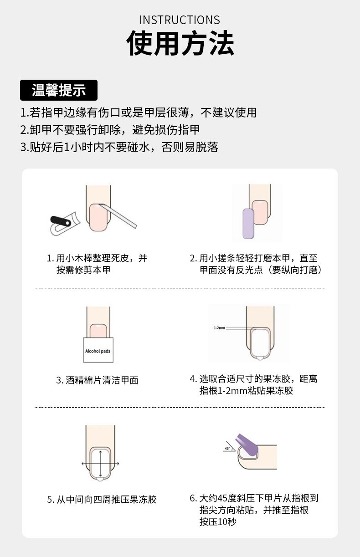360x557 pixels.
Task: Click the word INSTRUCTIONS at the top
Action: (180, 20)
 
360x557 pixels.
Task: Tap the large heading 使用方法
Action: (180, 44)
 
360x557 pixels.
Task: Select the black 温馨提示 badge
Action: (59, 90)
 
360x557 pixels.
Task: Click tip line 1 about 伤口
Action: (139, 112)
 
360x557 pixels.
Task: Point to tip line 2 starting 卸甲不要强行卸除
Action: (110, 130)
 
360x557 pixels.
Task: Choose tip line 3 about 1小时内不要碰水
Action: (119, 147)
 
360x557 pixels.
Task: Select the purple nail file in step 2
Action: (248, 223)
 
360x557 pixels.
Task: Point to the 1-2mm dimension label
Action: (220, 327)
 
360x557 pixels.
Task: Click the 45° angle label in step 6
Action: (227, 449)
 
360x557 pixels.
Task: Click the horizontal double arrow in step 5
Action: (100, 463)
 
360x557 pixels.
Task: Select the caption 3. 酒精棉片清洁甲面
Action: (97, 380)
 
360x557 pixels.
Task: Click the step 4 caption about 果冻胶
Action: (253, 385)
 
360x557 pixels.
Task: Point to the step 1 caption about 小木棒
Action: (97, 264)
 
